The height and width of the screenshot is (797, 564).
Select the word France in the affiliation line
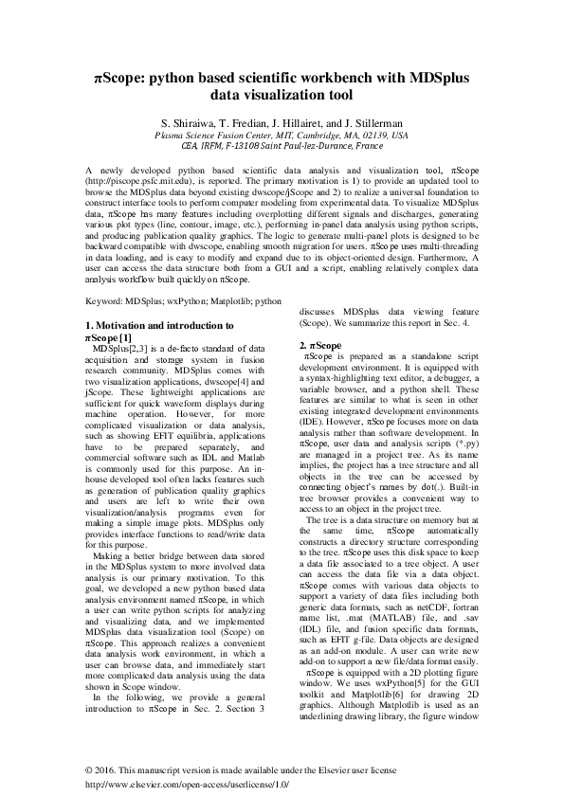(364, 147)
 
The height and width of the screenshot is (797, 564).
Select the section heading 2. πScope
(320, 345)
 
